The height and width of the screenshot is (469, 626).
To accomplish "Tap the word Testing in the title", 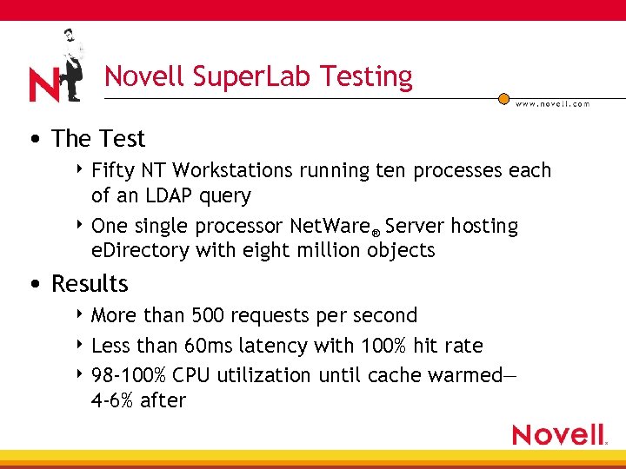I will pyautogui.click(x=366, y=77).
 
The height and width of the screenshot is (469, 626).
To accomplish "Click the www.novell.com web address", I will pyautogui.click(x=553, y=103).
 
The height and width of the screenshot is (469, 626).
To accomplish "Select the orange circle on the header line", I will pyautogui.click(x=503, y=100).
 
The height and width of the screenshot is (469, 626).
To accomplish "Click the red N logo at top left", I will pyautogui.click(x=43, y=84).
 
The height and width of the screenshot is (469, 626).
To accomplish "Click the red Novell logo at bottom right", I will pyautogui.click(x=559, y=433).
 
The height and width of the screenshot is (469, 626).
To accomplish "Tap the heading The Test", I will pyautogui.click(x=98, y=139).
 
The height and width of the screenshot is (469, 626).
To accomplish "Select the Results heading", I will pyautogui.click(x=90, y=284).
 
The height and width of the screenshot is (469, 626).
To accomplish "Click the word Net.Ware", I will pyautogui.click(x=331, y=227).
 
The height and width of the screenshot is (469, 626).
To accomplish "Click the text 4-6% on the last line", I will pyautogui.click(x=114, y=400).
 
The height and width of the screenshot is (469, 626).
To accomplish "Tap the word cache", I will pyautogui.click(x=395, y=375).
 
